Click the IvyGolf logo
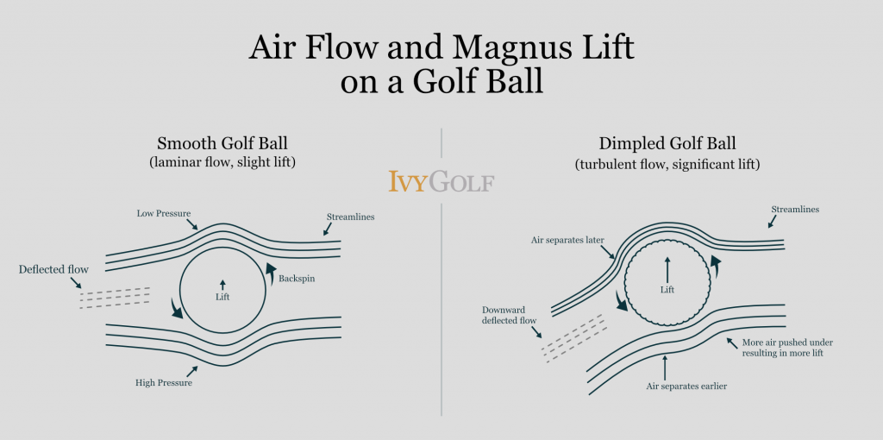(441, 182)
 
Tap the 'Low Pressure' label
(162, 212)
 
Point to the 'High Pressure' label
(164, 382)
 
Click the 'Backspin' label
(298, 279)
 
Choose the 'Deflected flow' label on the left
(53, 270)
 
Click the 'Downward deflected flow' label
(509, 315)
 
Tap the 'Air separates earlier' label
(687, 386)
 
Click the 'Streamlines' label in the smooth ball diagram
(351, 217)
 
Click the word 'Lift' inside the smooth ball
(222, 297)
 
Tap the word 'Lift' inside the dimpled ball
(667, 290)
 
